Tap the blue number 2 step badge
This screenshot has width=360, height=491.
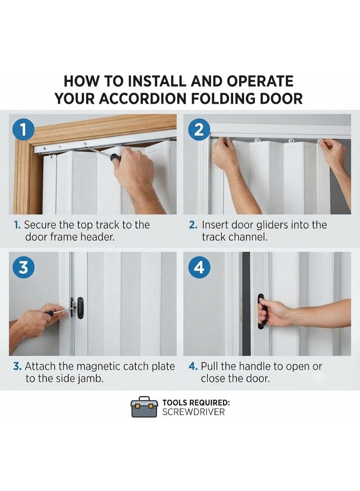[199, 129]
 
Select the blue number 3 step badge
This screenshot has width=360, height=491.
[23, 268]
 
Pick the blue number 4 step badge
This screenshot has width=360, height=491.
[199, 268]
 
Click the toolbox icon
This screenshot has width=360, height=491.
[144, 407]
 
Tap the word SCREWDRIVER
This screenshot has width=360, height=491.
[193, 412]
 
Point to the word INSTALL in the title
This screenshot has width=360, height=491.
[158, 81]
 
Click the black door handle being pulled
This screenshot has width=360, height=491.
[261, 311]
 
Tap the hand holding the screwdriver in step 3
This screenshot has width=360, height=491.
[36, 320]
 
